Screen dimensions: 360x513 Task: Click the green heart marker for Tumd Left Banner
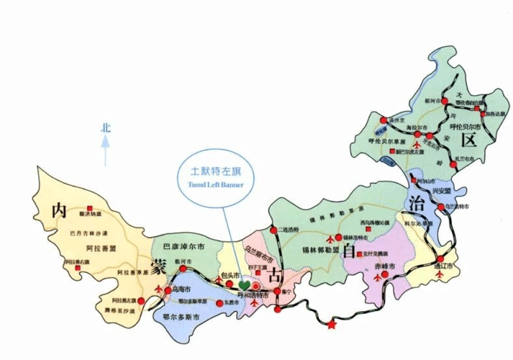point(247,287)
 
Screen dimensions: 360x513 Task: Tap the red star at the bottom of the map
point(332,325)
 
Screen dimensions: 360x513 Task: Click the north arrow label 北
point(106,128)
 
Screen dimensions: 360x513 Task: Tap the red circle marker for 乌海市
point(168,291)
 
